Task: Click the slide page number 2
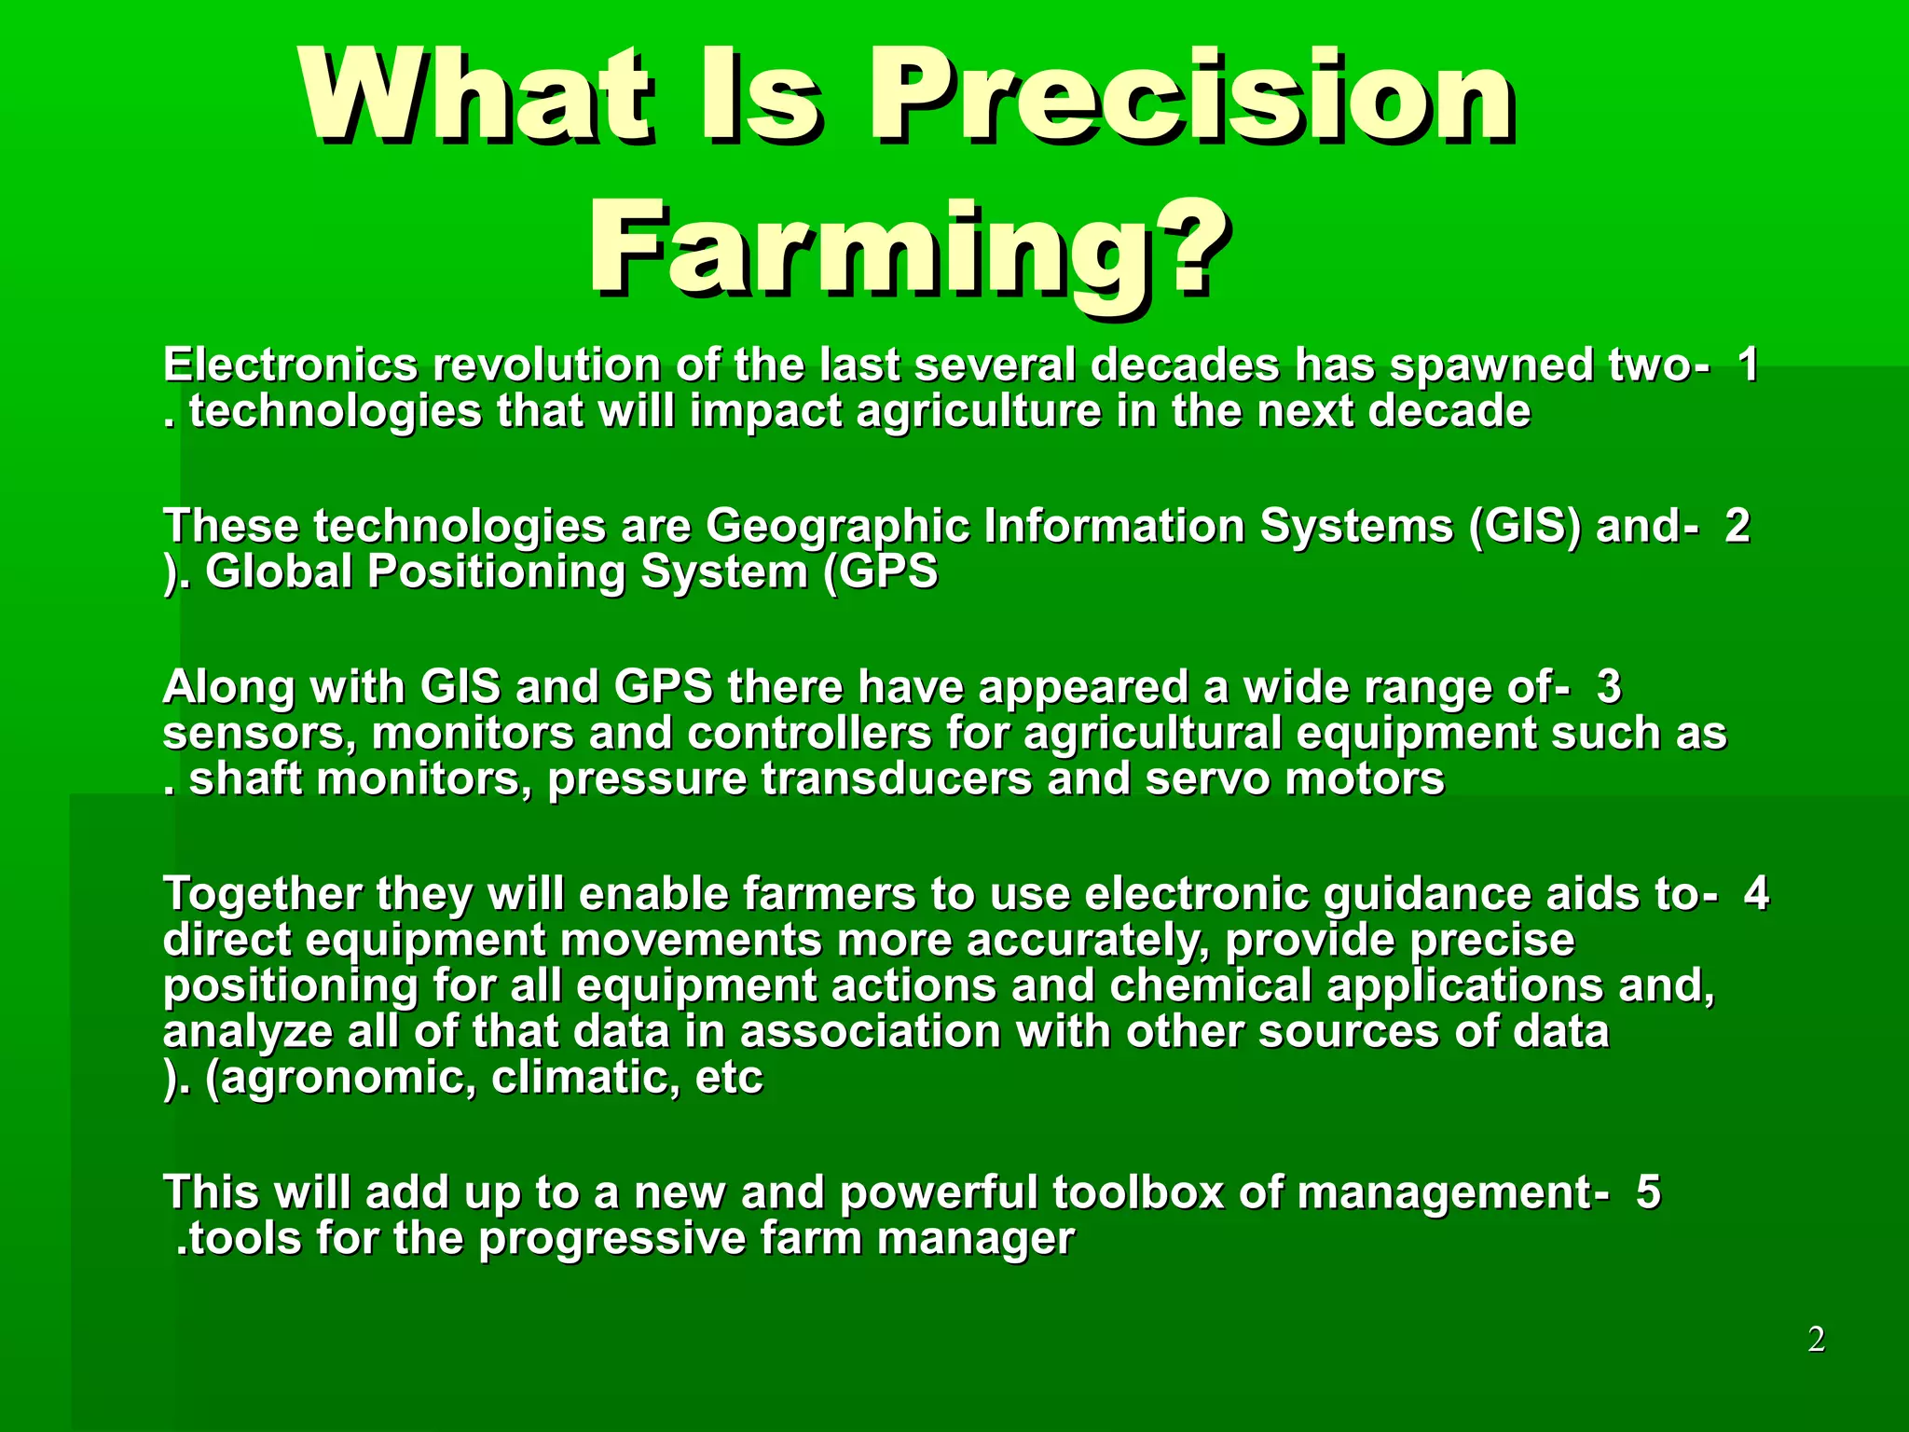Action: [x=1816, y=1340]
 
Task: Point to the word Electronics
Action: [x=290, y=365]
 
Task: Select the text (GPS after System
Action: [x=880, y=571]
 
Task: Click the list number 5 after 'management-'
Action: [x=1648, y=1192]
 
